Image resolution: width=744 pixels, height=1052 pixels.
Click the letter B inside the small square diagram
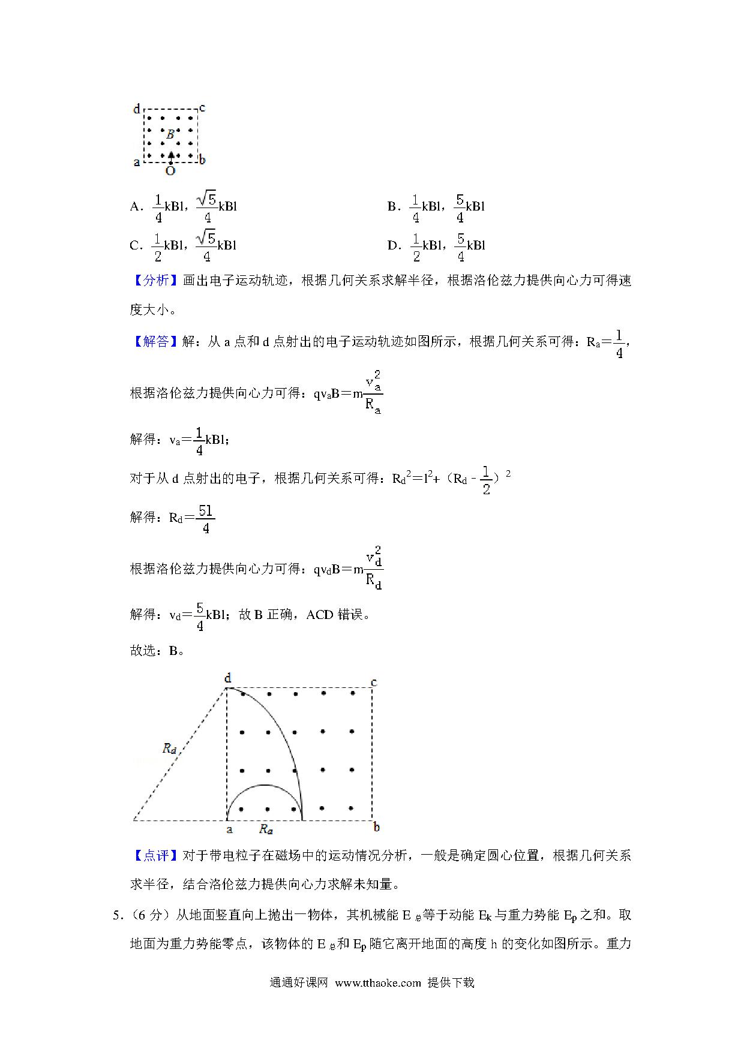170,134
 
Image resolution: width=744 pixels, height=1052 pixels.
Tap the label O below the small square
170,172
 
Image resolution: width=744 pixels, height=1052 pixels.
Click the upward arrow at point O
171,157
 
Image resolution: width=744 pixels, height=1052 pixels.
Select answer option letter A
136,207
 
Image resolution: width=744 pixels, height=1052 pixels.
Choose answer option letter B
392,207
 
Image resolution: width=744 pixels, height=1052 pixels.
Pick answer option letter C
136,245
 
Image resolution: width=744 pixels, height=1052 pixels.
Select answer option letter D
393,245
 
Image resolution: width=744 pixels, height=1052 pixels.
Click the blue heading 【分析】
155,281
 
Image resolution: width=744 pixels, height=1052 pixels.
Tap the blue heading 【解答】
155,342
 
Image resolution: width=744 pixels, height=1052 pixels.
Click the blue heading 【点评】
155,856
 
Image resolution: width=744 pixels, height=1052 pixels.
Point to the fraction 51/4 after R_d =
206,519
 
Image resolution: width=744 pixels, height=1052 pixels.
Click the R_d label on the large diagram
170,749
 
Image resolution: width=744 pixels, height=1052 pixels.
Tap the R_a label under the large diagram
266,829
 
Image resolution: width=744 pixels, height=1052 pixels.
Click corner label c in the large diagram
374,683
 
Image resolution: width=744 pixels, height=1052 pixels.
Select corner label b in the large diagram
376,828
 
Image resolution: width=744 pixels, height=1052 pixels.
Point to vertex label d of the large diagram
227,678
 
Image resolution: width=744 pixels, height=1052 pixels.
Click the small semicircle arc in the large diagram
264,785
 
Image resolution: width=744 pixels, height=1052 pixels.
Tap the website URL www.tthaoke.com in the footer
378,982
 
